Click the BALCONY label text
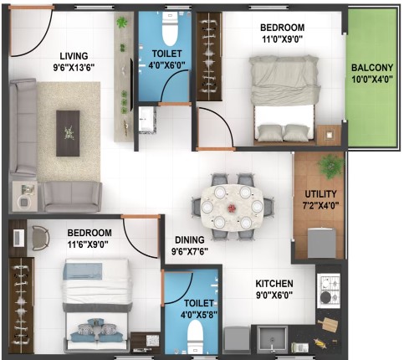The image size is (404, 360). pyautogui.click(x=372, y=68)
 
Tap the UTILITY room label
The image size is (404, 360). pyautogui.click(x=320, y=194)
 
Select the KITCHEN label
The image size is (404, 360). pyautogui.click(x=274, y=284)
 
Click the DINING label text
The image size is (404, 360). pyautogui.click(x=190, y=239)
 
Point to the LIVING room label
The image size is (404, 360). pyautogui.click(x=74, y=56)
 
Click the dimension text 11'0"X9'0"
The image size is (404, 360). pyautogui.click(x=282, y=39)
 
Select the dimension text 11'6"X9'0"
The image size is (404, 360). pyautogui.click(x=88, y=244)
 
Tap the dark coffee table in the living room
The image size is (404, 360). pyautogui.click(x=68, y=133)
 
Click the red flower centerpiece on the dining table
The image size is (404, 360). pyautogui.click(x=232, y=208)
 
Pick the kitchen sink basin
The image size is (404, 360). pyautogui.click(x=273, y=339)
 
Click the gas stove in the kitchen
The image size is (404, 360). pyautogui.click(x=329, y=291)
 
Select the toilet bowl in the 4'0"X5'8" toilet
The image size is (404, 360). pyautogui.click(x=195, y=337)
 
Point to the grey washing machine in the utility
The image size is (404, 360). pyautogui.click(x=321, y=243)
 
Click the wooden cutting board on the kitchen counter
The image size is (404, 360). pyautogui.click(x=328, y=324)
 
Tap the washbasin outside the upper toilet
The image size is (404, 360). pyautogui.click(x=146, y=120)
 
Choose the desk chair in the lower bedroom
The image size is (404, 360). pyautogui.click(x=41, y=238)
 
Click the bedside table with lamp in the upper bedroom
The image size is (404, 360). pyautogui.click(x=330, y=135)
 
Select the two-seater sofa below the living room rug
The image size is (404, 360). pyautogui.click(x=72, y=197)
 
